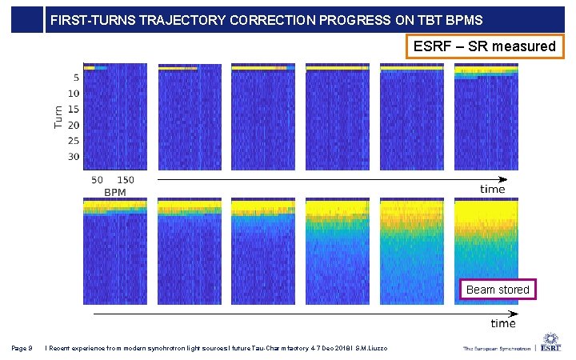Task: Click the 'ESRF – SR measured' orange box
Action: pos(484,46)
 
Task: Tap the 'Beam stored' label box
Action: pos(498,289)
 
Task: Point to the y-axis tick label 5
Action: pos(75,78)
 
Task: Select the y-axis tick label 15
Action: pos(74,110)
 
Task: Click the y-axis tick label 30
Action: pos(74,157)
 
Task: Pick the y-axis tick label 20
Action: pos(74,126)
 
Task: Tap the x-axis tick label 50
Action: pos(98,181)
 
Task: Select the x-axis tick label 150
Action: pos(126,181)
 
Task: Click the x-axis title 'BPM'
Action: pos(115,193)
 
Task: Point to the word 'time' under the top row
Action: pos(492,190)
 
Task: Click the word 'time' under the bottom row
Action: pos(502,323)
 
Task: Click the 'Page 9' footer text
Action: pos(22,348)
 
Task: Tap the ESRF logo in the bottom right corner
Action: pos(550,343)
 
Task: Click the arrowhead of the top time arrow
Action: pos(504,179)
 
